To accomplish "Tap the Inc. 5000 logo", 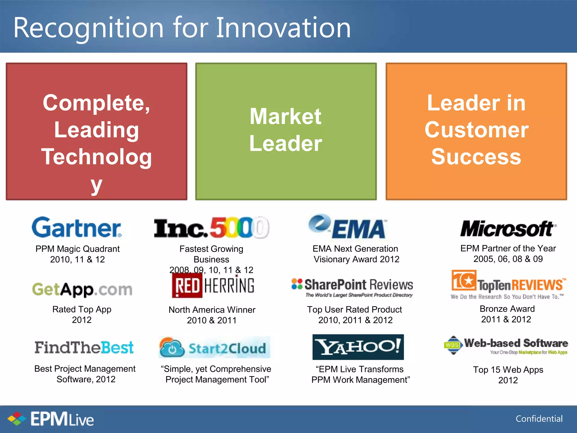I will point(211,228).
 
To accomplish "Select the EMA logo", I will point(348,227).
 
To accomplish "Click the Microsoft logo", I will point(508,228).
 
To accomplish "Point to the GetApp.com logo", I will point(82,290).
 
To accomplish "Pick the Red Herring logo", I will point(213,286).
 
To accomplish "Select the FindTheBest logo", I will point(84,348).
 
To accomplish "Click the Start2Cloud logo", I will point(214,348).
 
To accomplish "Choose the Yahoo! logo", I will point(358,347).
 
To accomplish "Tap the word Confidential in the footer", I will point(539,419).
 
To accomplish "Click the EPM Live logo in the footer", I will point(51,419).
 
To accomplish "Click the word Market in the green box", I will point(285,116).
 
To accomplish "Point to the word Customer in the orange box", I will point(476,130).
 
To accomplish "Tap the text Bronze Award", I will point(507,309).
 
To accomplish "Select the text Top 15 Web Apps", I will point(508,370).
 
